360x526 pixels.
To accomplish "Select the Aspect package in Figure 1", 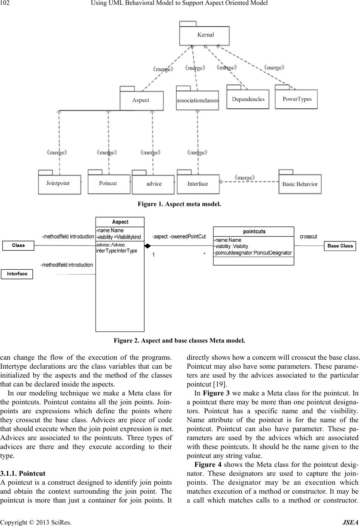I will pos(141,100).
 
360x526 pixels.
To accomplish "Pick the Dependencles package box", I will pos(248,99).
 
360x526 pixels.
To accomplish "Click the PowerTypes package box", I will pos(296,99).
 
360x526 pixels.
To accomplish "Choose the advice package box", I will pos(153,184).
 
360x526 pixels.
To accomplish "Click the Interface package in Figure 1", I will pos(198,184).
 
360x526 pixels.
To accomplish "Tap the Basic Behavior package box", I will pos(300,184).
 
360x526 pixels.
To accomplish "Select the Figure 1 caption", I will pos(179,204).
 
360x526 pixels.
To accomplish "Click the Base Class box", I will pos(340,246).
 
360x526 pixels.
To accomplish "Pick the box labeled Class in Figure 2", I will pos(18,246).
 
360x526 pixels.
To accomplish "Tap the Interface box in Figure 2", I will pos(17,274).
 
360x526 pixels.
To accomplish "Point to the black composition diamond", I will pos(148,246).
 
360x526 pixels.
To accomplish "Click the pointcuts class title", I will pos(254,231).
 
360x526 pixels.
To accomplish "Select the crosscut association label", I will pos(308,237).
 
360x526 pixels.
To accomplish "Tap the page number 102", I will pos(6,3).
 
